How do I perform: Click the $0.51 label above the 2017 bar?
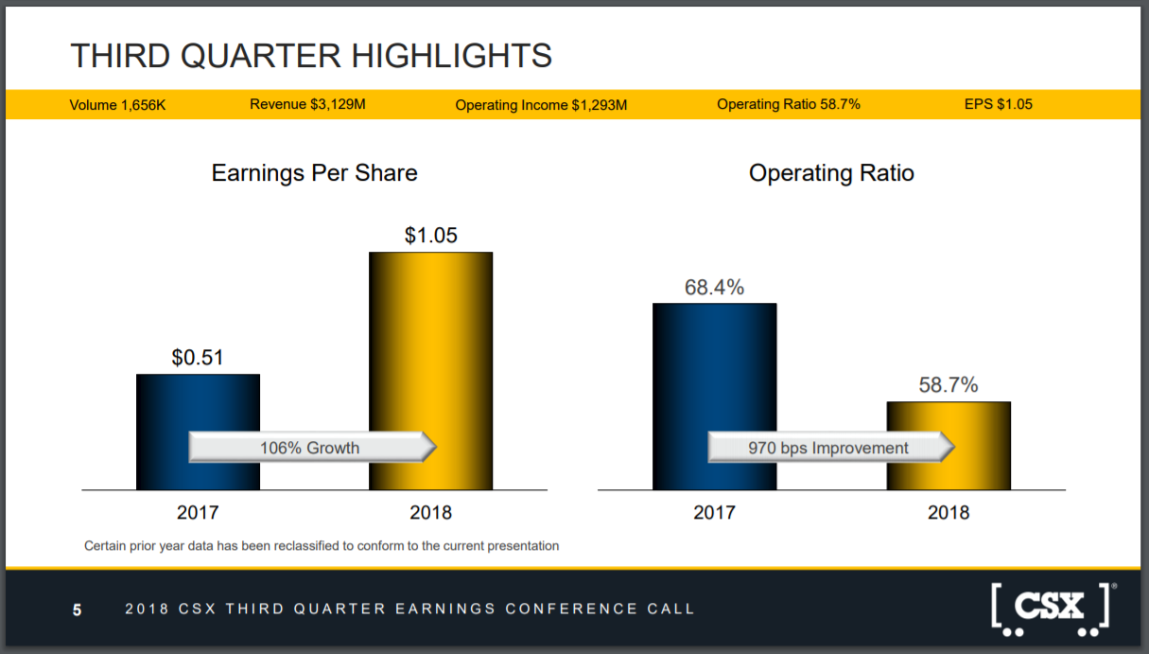198,358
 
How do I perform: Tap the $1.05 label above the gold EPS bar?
431,235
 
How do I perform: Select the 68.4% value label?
714,287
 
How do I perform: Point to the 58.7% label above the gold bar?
949,384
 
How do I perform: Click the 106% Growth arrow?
312,447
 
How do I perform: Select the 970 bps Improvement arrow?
831,447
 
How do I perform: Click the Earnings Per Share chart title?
314,173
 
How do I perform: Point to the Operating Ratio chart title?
831,173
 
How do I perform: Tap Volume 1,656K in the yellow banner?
117,105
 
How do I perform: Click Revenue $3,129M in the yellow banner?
307,104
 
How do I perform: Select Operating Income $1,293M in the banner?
541,105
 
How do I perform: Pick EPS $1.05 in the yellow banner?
999,104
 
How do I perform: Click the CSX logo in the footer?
1052,610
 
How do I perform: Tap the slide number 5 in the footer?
77,610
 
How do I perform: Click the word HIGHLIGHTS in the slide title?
451,56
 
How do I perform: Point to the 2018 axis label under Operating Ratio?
949,512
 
